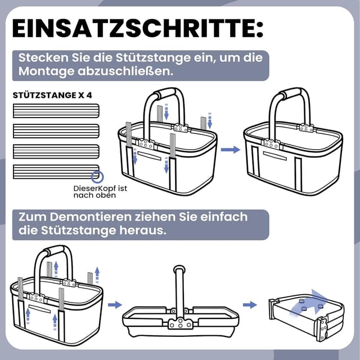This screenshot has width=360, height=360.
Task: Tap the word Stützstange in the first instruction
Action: coord(153,57)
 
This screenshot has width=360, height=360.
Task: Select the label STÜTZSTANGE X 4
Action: coord(52,95)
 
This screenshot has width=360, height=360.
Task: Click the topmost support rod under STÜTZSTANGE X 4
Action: coord(56,111)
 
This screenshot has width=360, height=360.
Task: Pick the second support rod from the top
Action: coord(56,131)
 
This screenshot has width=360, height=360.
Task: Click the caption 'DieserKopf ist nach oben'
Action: coord(100,192)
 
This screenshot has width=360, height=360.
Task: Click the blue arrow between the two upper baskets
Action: coord(230,150)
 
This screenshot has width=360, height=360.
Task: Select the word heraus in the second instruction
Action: coord(142,230)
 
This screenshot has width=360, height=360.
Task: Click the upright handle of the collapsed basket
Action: coord(179,291)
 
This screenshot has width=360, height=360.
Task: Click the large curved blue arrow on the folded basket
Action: coord(309,303)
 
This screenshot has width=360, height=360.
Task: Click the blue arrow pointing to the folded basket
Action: coord(250,305)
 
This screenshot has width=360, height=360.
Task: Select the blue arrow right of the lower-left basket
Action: coord(115,305)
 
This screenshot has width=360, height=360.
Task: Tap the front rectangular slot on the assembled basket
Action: coord(275,156)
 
